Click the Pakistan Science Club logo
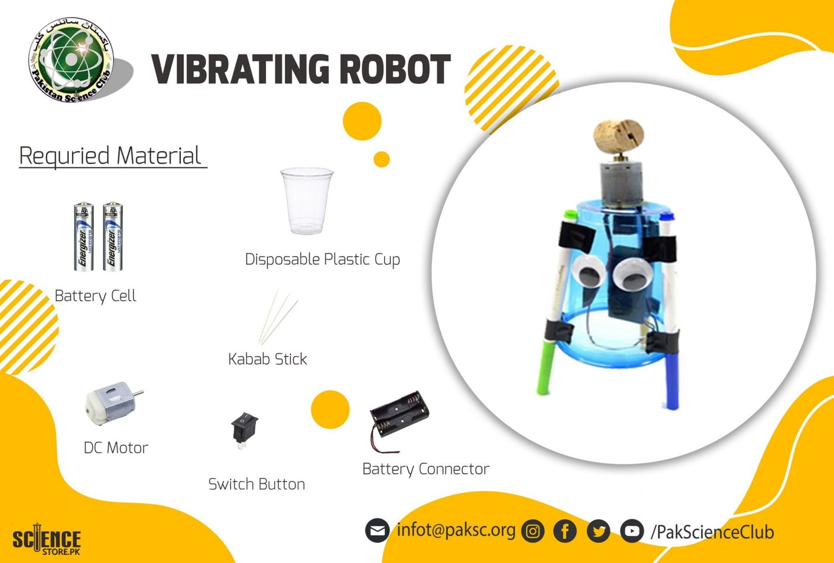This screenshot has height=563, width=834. tap(71, 59)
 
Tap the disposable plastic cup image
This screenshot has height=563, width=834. tap(306, 201)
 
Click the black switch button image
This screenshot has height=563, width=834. tap(244, 428)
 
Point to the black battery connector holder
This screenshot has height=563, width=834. tap(399, 417)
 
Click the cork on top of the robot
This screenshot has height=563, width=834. tap(619, 135)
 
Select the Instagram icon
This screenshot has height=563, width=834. tap(533, 531)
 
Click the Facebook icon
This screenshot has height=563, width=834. tap(565, 531)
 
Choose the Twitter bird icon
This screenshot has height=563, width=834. tap(598, 531)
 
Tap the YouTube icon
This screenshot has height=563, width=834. tap(632, 531)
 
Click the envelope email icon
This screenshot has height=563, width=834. tap(377, 531)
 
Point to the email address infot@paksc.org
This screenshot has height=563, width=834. tap(456, 530)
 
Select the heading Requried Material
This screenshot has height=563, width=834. tap(111, 156)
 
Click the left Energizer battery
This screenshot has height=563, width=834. tap(83, 237)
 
